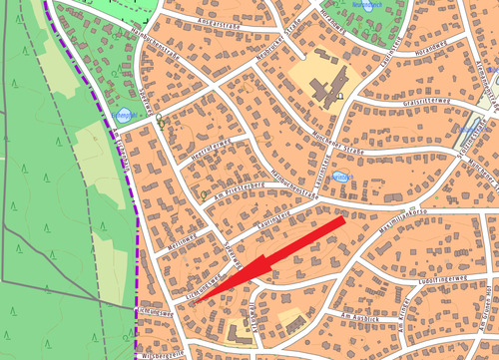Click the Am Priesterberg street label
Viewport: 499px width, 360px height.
[240, 186]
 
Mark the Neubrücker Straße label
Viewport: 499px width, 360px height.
[280, 48]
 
